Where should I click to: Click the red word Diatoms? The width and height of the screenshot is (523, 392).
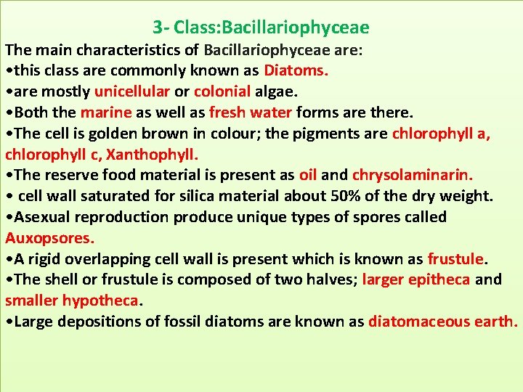(296, 70)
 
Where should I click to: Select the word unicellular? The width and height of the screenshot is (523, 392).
(132, 91)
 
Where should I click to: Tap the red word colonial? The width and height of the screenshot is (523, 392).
(222, 91)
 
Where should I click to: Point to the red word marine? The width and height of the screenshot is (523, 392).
(105, 113)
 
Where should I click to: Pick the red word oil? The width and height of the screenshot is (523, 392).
(308, 175)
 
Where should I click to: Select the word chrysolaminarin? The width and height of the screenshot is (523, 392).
(413, 175)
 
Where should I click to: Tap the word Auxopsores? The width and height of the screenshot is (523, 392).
(49, 238)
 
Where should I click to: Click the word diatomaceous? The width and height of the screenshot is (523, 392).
(415, 322)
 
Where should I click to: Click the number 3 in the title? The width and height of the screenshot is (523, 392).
(158, 28)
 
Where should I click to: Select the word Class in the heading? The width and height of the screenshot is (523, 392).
(196, 28)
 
